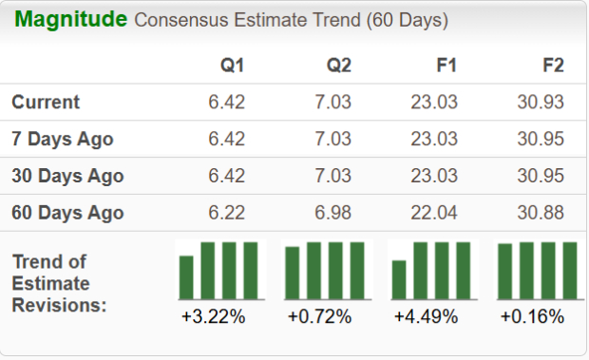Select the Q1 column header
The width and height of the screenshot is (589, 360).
point(232,66)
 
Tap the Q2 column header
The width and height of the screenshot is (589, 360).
point(338,66)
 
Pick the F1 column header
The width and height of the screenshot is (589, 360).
point(446,66)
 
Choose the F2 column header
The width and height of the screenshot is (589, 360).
point(552,66)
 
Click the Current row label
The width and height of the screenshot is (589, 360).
point(46,102)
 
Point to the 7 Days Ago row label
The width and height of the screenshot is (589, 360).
point(63,139)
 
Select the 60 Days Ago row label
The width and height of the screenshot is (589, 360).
point(67,213)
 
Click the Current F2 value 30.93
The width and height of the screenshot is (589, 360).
point(541,102)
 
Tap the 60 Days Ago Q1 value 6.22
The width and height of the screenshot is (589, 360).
point(227,213)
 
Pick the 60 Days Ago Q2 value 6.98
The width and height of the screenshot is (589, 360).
point(333,213)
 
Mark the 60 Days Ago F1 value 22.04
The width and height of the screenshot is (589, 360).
point(435,213)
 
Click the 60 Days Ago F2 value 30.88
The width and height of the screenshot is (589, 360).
point(541,213)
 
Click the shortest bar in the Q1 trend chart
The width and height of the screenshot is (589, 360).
point(186,277)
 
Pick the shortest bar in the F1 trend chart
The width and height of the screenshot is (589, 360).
point(399,280)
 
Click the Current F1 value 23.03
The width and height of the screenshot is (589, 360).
point(435,102)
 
